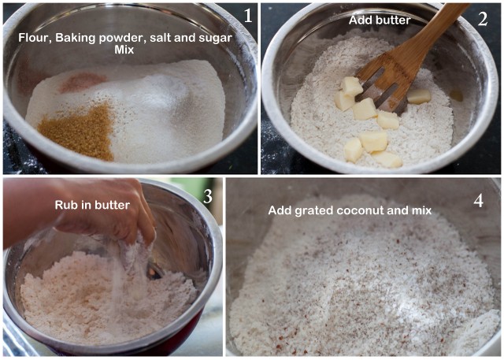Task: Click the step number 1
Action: pos(248,16)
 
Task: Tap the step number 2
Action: pos(483,19)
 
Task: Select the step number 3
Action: pos(208,195)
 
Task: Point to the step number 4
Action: pos(478,201)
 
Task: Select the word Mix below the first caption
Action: pos(124,50)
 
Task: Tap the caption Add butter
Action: pos(380,20)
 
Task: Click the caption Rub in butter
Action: pos(92,205)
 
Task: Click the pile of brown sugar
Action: pos(79,131)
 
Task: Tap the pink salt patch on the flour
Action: pos(83,82)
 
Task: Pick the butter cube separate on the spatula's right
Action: pos(419,96)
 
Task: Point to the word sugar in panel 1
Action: pos(218,39)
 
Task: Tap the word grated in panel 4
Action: pos(313,211)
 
